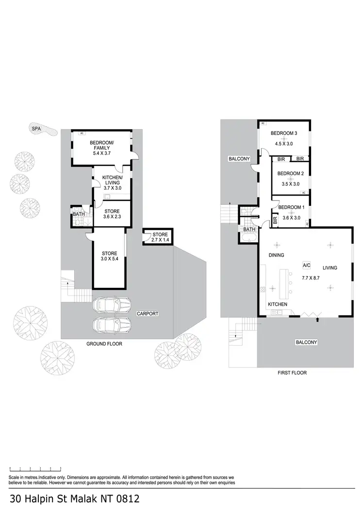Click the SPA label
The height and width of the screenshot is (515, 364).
pos(36,129)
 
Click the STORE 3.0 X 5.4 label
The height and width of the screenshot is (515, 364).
pos(109,256)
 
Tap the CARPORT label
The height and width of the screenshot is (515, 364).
pos(147,314)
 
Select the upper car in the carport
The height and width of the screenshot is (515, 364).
pos(112,305)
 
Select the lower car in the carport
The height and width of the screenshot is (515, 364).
pos(112,325)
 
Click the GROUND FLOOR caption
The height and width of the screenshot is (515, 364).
pos(104,344)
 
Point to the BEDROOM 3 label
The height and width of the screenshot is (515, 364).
pos(284,133)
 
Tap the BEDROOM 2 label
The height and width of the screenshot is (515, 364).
pos(290,173)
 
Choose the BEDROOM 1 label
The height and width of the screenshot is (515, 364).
pos(291,208)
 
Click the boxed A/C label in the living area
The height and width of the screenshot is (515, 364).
pos(306,266)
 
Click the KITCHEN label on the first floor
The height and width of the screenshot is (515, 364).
pos(278,304)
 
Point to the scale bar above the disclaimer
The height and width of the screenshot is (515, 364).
pos(35,469)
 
